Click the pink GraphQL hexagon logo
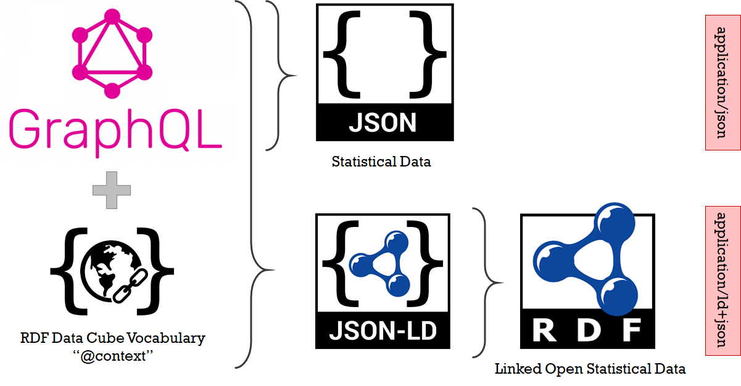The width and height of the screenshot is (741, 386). (112, 52)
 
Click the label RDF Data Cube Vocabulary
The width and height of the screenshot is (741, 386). (112, 338)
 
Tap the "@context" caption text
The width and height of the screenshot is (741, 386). (112, 356)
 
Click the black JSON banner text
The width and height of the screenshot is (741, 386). (383, 122)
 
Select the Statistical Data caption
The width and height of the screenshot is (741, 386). (381, 162)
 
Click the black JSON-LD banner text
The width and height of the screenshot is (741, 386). (383, 331)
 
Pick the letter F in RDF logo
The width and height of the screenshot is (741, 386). (631, 331)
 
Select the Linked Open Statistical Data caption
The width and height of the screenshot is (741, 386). (590, 369)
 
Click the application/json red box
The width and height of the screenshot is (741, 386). (722, 83)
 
